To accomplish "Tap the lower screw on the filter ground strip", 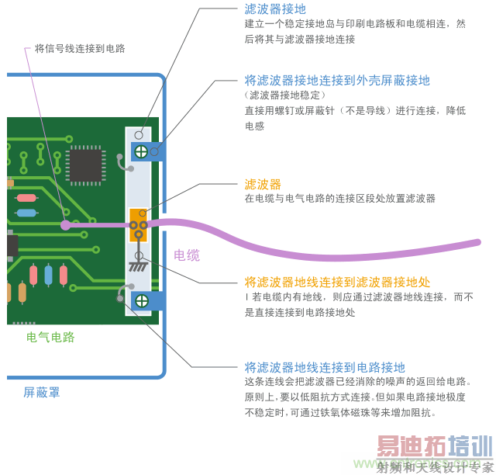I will (x=142, y=300).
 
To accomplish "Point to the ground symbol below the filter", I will (x=139, y=265).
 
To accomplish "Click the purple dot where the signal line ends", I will (x=66, y=226).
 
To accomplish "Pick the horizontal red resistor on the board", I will (x=27, y=197).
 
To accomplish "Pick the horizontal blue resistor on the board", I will (x=26, y=212).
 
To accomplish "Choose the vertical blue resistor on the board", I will (x=49, y=275).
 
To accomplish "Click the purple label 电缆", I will (x=187, y=255).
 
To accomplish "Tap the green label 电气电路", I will (x=50, y=338).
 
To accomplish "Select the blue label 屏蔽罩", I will (x=42, y=393).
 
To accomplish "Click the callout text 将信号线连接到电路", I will (x=80, y=48).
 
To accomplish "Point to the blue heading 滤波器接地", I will (x=275, y=9).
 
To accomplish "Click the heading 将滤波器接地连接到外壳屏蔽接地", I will (x=337, y=80).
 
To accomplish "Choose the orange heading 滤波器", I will (x=263, y=184).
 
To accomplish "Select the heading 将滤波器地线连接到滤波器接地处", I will (x=337, y=282).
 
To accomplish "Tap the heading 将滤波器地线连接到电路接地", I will (x=325, y=367).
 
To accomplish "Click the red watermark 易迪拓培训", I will (x=434, y=448).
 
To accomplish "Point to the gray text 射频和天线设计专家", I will (x=434, y=467).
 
